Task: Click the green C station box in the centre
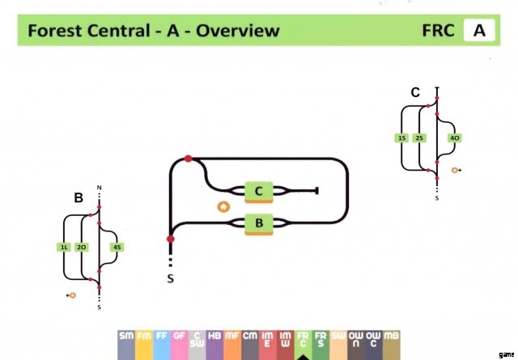click(258, 192)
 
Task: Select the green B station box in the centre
click(258, 222)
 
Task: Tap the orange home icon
click(223, 206)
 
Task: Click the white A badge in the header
click(479, 32)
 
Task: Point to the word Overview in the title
click(238, 32)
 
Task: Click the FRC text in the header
click(438, 32)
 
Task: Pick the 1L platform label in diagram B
click(64, 247)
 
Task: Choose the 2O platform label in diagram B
click(81, 247)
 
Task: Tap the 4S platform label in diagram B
click(118, 247)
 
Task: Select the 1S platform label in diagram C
click(401, 138)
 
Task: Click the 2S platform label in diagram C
click(418, 138)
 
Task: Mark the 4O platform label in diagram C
click(455, 138)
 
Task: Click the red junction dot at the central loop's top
click(189, 159)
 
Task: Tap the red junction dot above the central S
click(171, 239)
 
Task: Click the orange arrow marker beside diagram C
click(456, 171)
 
